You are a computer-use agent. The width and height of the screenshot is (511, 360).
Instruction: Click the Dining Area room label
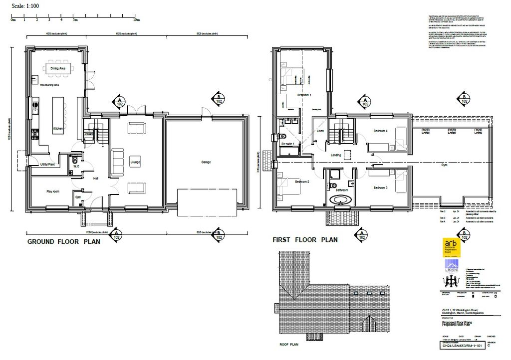coord(58,68)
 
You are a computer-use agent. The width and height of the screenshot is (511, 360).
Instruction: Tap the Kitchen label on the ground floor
coord(58,129)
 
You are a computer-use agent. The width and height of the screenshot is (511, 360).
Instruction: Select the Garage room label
coord(206,162)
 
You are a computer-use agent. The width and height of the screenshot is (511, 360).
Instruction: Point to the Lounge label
coord(135,163)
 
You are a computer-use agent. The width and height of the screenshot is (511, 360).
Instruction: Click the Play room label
coord(53,191)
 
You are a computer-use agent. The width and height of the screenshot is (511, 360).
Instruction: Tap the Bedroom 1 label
coord(304,95)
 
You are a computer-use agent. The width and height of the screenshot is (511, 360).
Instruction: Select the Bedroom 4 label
coord(381,131)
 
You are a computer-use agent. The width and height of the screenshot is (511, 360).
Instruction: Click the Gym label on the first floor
coord(444,164)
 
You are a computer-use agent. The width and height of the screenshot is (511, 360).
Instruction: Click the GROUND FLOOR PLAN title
coord(63,242)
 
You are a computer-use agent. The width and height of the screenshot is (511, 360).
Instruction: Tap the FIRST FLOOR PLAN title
coord(305,240)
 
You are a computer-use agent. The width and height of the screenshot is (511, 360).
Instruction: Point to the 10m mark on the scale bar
coord(136,20)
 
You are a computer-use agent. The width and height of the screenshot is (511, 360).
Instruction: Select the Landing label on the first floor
coord(336,155)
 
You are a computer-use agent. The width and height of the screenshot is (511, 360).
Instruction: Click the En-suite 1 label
coord(288,144)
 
